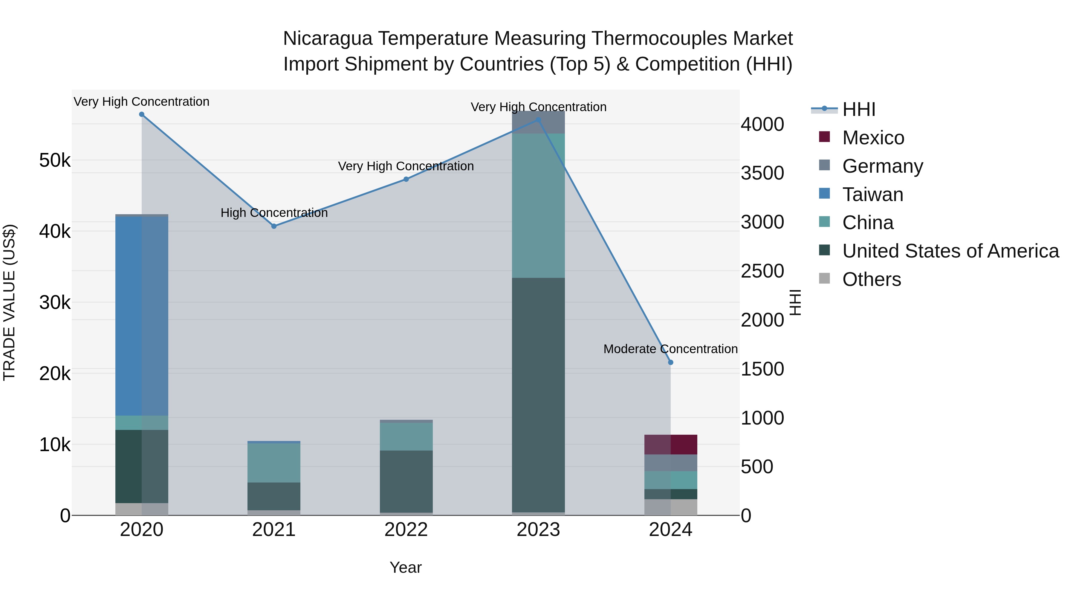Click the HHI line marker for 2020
point(142,114)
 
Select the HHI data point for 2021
point(274,226)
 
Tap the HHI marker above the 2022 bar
point(406,179)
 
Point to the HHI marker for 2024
point(671,362)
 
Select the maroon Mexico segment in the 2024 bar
point(671,445)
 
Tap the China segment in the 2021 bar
point(274,462)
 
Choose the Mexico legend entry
point(873,138)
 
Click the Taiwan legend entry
point(872,194)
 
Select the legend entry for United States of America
point(950,251)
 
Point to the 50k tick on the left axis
point(55,160)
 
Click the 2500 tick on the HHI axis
point(762,271)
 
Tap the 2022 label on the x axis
point(406,530)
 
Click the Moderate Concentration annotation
point(670,349)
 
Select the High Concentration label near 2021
point(274,213)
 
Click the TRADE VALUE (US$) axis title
point(9,303)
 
